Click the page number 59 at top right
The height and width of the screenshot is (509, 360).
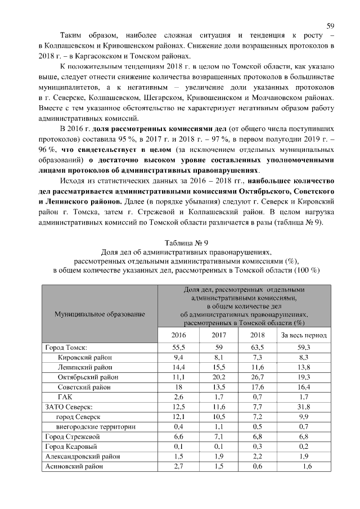click(331, 25)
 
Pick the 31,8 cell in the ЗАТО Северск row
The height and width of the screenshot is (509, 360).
click(304, 407)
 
